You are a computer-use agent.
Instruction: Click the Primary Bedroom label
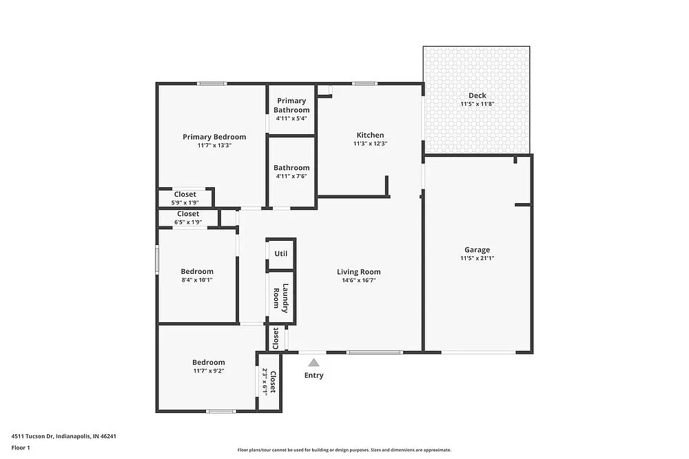(214, 137)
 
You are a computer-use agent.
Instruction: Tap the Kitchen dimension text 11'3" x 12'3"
(370, 144)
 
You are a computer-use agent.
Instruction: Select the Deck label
(477, 96)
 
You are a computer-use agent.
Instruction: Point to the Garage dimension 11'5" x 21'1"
(477, 259)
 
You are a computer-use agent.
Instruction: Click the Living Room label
(358, 271)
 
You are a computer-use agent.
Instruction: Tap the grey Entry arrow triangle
(313, 363)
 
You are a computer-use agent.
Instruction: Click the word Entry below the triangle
(313, 375)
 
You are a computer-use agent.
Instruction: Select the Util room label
(280, 253)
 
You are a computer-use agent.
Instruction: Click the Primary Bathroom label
(291, 105)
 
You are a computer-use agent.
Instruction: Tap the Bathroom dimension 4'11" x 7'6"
(291, 176)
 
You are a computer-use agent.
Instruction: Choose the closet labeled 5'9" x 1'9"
(185, 202)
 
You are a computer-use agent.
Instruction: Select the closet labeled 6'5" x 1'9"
(187, 222)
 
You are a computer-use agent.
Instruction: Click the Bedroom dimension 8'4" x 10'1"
(197, 280)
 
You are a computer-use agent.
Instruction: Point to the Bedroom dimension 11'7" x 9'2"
(208, 371)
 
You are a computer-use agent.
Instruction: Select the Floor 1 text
(21, 447)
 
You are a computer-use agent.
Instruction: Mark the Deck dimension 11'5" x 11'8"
(477, 104)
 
